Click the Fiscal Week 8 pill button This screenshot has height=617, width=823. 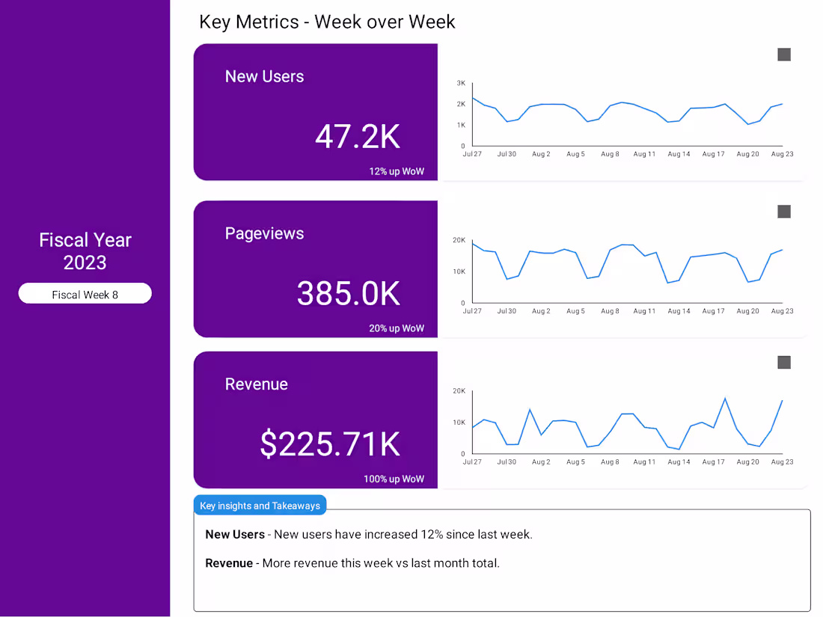coord(85,293)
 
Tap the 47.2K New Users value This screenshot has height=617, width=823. coord(358,137)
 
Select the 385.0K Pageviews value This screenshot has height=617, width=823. coord(348,293)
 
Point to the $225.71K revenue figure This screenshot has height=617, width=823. coord(330,444)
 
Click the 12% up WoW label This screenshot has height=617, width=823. coord(397,171)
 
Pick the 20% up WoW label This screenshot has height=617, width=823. coord(397,328)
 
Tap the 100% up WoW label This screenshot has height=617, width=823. coord(394,479)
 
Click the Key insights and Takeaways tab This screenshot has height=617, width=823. coord(260,506)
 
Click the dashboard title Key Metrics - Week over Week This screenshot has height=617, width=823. coord(327,22)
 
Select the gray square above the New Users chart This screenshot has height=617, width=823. coord(784,55)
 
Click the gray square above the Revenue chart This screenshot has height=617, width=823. coord(784,363)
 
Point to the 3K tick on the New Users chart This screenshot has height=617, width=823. coord(461,83)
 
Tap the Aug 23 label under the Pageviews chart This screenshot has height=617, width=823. coord(782,311)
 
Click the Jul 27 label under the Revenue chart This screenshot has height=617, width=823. coord(472,461)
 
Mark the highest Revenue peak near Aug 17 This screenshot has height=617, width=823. coord(726,398)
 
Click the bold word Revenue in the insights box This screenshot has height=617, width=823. coord(229,563)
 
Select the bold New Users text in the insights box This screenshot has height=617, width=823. coord(235,534)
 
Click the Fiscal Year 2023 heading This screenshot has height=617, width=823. coord(85,251)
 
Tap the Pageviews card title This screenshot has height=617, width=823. coord(264,233)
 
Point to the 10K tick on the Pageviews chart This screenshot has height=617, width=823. coord(459,271)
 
